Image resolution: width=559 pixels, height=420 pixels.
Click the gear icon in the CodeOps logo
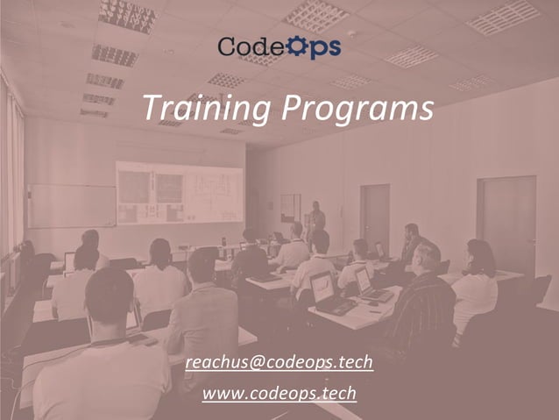click(295, 46)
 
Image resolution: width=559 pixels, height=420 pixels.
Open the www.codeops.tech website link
click(279, 394)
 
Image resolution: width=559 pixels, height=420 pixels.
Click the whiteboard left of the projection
click(70, 206)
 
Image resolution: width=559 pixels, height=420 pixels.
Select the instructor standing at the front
click(316, 224)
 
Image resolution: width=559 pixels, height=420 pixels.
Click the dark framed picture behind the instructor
click(290, 208)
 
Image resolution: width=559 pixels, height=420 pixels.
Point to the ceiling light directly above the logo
click(315, 15)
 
